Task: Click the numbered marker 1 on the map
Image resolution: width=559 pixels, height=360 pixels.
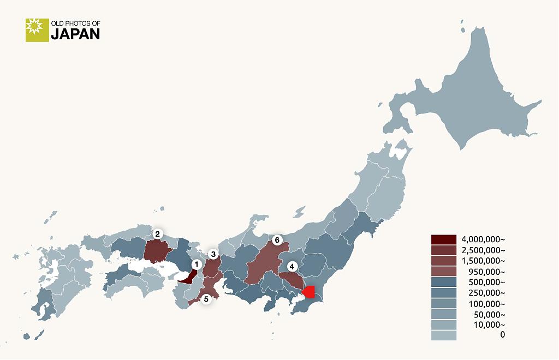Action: click(196, 264)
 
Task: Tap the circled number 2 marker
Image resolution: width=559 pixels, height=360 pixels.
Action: click(157, 234)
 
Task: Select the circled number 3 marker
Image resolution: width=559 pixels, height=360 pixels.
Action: click(213, 254)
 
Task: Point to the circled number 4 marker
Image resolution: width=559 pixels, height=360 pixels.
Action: click(293, 266)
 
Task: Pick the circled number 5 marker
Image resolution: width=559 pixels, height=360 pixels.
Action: click(206, 299)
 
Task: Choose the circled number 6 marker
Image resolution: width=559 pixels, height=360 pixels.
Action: click(277, 240)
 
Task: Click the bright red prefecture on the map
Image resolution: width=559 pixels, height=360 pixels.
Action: click(310, 292)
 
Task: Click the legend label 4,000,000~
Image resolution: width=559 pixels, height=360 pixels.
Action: click(483, 239)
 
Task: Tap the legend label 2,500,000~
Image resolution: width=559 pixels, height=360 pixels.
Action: click(483, 250)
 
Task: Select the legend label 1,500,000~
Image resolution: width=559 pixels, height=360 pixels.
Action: click(483, 261)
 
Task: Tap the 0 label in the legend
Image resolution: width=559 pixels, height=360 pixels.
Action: click(502, 335)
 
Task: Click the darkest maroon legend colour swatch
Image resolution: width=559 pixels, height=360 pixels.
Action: click(443, 239)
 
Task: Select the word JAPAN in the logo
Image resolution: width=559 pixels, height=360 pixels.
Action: click(75, 34)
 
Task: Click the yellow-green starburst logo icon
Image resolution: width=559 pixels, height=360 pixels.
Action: click(37, 30)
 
